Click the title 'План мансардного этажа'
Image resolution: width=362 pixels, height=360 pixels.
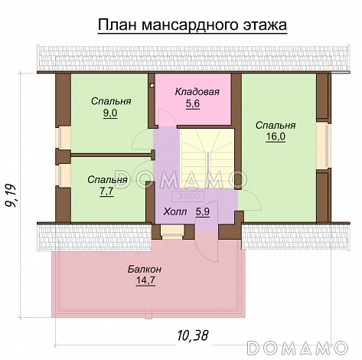coord(191,25)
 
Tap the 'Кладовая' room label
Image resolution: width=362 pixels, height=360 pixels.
coord(197,92)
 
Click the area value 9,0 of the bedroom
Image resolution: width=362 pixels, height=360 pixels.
coord(110,113)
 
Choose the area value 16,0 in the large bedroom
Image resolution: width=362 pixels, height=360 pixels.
coord(276,137)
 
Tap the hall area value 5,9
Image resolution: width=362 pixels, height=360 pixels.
coord(202,212)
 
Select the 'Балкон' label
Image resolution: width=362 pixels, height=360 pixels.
coord(145,270)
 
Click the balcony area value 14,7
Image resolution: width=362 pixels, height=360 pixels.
coord(145,281)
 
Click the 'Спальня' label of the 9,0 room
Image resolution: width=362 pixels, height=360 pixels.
coord(110,101)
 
